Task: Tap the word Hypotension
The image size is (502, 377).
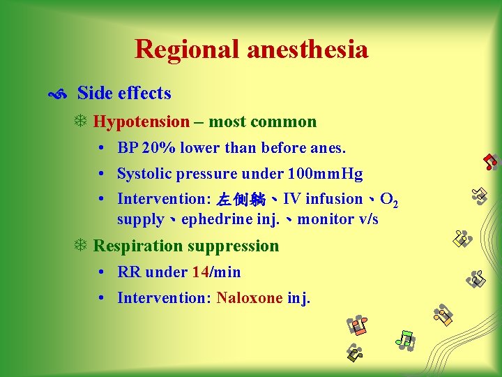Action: click(x=142, y=122)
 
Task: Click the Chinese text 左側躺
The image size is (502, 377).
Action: click(x=241, y=200)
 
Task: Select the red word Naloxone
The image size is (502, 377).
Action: click(x=249, y=298)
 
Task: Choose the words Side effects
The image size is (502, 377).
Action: click(x=124, y=94)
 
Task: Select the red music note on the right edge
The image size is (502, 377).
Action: click(x=491, y=162)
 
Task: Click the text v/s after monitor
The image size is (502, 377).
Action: click(x=367, y=219)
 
